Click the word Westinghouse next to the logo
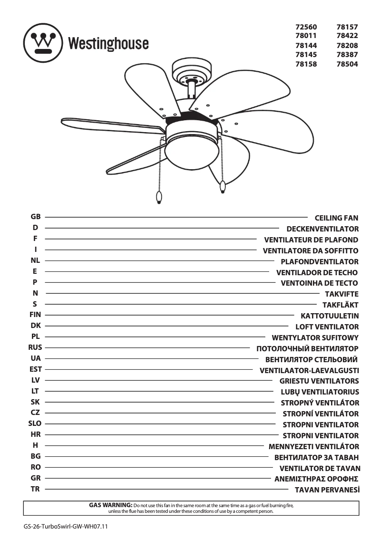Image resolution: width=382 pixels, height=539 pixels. tap(108, 44)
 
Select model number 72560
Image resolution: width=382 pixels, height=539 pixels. tap(306, 28)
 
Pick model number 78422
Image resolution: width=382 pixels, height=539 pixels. tap(347, 36)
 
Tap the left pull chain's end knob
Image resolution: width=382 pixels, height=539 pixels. tap(159, 197)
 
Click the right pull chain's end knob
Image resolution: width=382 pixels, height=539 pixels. tap(223, 187)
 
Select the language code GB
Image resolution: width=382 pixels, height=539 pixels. tap(35, 217)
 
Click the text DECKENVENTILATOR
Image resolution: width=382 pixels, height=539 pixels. tap(322, 229)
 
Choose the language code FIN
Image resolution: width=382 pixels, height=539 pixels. tap(35, 315)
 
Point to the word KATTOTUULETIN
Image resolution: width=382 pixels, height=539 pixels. tap(330, 316)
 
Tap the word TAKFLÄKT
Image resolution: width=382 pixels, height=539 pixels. tap(340, 305)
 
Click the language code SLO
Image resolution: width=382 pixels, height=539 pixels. tap(35, 423)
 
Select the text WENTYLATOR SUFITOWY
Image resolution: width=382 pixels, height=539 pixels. tap(315, 338)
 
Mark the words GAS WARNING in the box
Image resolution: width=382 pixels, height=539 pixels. tap(111, 505)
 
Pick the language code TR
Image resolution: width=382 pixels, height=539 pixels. tap(35, 489)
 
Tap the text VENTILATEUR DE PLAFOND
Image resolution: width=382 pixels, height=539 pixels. tap(311, 240)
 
